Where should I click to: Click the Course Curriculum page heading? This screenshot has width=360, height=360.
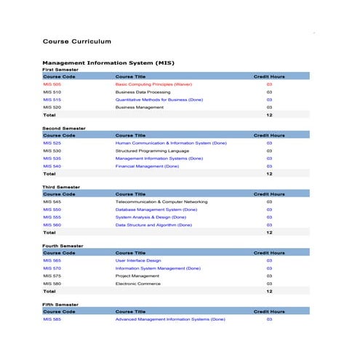pyautogui.click(x=76, y=42)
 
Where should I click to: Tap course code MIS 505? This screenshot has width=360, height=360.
pyautogui.click(x=52, y=84)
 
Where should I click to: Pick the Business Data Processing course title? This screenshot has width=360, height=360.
pyautogui.click(x=143, y=92)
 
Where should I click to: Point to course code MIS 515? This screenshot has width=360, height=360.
pyautogui.click(x=52, y=100)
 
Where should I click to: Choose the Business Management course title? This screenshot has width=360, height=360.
pyautogui.click(x=140, y=107)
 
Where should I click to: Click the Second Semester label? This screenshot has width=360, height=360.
pyautogui.click(x=63, y=128)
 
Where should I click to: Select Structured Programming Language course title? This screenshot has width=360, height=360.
pyautogui.click(x=152, y=151)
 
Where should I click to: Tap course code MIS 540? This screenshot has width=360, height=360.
pyautogui.click(x=52, y=166)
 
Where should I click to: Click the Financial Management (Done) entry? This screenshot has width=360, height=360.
pyautogui.click(x=147, y=166)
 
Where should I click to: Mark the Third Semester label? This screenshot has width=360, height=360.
pyautogui.click(x=61, y=187)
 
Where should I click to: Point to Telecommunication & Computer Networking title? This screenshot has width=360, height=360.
pyautogui.click(x=161, y=201)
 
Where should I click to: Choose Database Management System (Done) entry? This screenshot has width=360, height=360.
pyautogui.click(x=156, y=209)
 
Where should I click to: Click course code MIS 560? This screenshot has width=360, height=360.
pyautogui.click(x=52, y=225)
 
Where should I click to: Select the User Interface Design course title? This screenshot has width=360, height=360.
pyautogui.click(x=138, y=260)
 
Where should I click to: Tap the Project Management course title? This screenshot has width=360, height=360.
pyautogui.click(x=137, y=276)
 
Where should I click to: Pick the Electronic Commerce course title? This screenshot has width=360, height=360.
pyautogui.click(x=139, y=283)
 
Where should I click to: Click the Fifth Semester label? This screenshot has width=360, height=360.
pyautogui.click(x=60, y=305)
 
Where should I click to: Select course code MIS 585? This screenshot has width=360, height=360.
pyautogui.click(x=52, y=319)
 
